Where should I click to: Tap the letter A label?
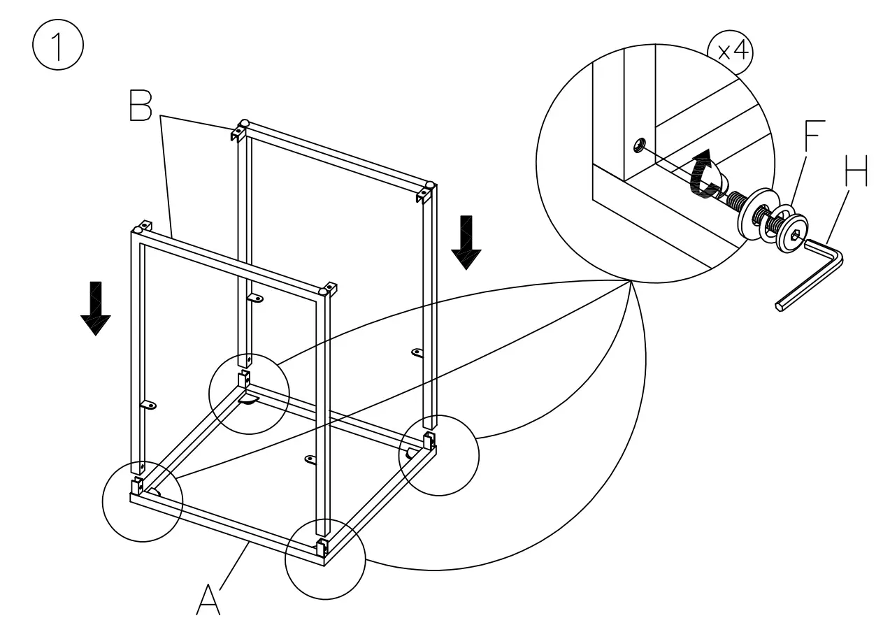click(208, 600)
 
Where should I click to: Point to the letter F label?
click(814, 137)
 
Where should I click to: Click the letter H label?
click(854, 171)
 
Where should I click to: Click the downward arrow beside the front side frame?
click(95, 308)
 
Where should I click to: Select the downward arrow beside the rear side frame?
click(465, 242)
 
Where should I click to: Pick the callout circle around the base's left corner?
click(142, 501)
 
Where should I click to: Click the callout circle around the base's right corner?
click(438, 456)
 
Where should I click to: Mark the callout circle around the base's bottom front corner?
click(325, 559)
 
